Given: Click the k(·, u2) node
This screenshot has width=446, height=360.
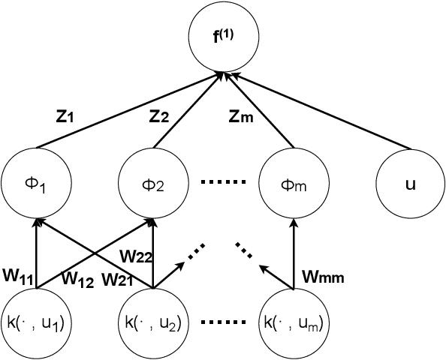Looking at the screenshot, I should point(153,324).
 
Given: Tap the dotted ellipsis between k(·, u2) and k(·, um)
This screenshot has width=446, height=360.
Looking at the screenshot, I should point(222,324).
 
